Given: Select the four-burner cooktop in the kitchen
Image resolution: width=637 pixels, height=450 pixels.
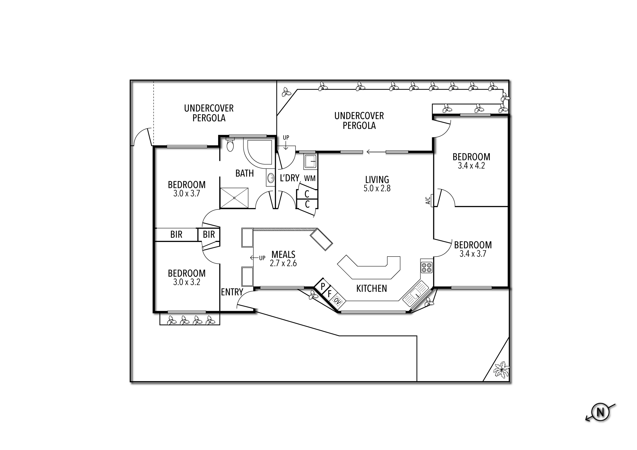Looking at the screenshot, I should point(427,267).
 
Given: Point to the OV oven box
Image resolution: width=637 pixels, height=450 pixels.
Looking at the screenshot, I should point(337,300).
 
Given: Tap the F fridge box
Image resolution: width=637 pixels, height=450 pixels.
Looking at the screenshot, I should point(330,293).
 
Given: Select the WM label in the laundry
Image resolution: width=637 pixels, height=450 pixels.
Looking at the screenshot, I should point(310,178).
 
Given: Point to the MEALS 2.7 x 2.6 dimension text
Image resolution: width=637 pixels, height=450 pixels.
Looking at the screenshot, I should point(283,263).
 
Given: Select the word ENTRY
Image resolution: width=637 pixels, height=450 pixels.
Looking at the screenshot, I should point(232,292).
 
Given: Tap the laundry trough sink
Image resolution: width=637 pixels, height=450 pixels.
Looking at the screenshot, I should point(310,161).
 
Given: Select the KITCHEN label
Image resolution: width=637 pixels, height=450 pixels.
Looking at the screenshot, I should point(371,289).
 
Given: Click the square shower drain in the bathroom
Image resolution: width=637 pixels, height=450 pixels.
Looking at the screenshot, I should point(234,198).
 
